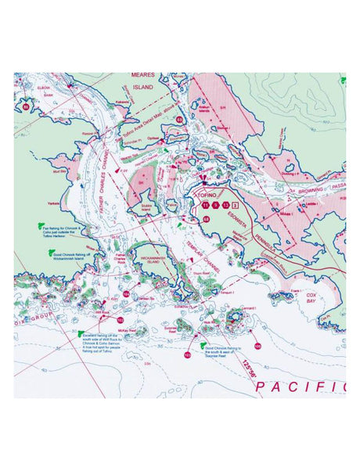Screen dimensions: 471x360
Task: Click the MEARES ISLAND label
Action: [x=142, y=82]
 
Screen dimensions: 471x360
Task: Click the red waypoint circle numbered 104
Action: [x=127, y=293]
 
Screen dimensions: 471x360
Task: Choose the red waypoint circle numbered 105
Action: [x=257, y=345]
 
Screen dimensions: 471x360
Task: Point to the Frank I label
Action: [x=294, y=290]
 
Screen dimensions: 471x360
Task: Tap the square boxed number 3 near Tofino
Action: [x=236, y=204]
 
